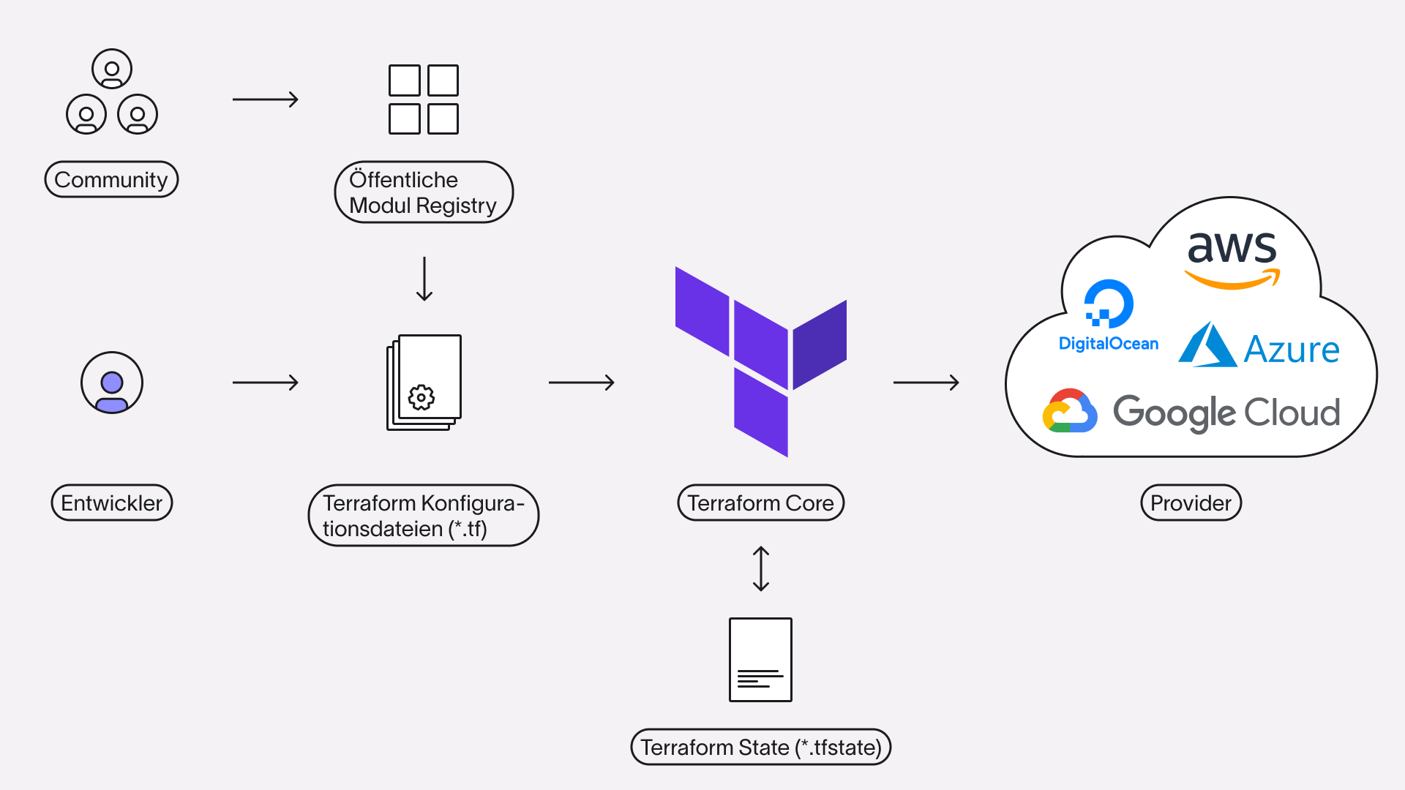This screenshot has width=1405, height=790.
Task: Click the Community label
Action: pos(111,179)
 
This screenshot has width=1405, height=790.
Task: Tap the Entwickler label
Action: pos(112,503)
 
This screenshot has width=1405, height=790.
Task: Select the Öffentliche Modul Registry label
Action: pos(424,192)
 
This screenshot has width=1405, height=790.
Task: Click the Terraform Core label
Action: pos(761,503)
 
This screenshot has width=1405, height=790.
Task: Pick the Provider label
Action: pos(1191,503)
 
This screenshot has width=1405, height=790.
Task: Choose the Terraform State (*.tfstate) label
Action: pos(761,747)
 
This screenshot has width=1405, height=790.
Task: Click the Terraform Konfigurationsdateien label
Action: pos(424,515)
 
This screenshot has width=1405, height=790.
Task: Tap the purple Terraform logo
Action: pos(761,361)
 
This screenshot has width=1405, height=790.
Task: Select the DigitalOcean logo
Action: pos(1109,315)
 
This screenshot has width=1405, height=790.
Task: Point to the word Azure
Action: pos(1292,349)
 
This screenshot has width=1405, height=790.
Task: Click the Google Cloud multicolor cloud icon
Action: pos(1070,410)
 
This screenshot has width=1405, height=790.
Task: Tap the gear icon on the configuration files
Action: pos(421,397)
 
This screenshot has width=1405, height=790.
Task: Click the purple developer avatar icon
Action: pos(112,383)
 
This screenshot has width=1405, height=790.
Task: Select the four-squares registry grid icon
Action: pos(424,99)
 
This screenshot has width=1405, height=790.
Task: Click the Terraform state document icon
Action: pos(760,660)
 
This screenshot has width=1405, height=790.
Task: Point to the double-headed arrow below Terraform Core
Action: pos(761,568)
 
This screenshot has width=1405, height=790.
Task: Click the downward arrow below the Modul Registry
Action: pos(424,279)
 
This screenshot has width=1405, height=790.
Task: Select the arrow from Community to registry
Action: pos(266,99)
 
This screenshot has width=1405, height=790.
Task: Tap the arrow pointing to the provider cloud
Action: pos(926,382)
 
